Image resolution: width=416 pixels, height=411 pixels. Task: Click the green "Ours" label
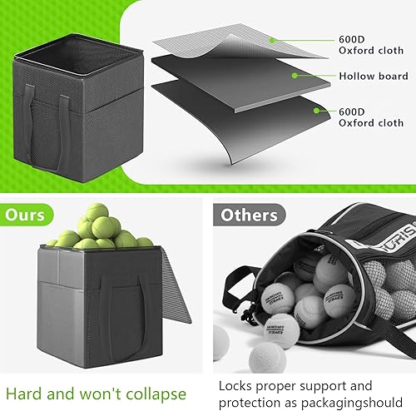coord(25,215)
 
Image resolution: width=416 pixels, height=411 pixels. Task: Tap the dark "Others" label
coord(247,215)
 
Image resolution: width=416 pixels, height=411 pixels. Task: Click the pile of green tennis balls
coord(99,234)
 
